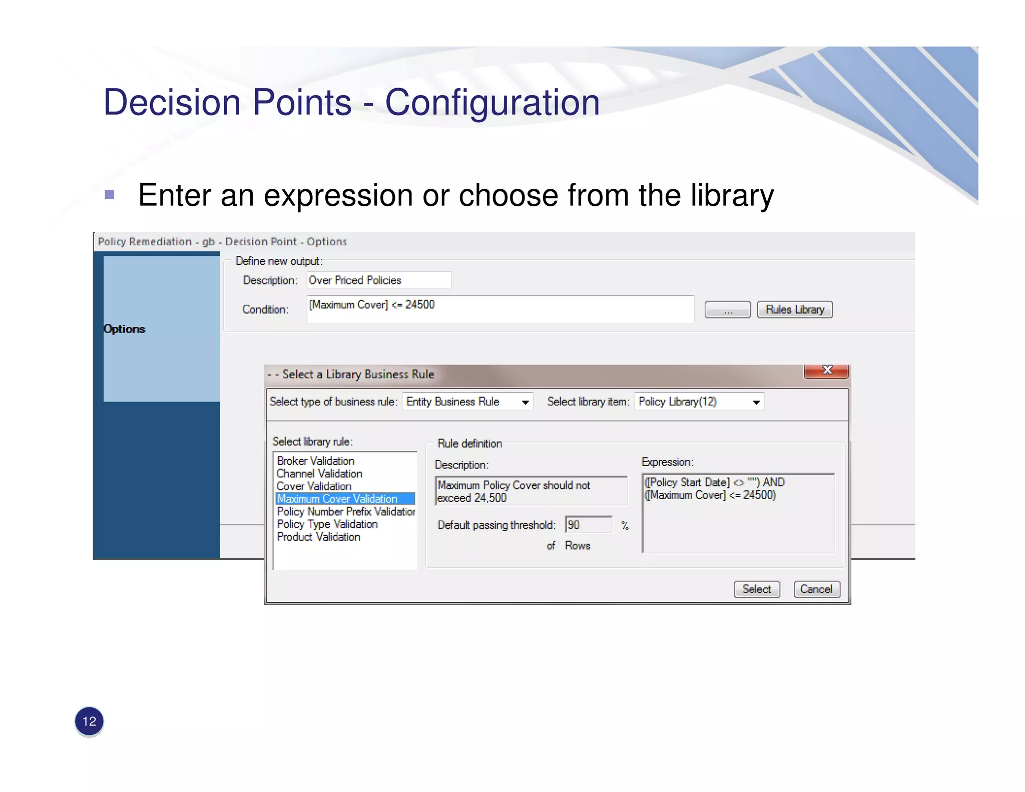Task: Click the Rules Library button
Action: point(794,309)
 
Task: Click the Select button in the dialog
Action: point(756,589)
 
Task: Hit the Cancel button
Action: point(816,589)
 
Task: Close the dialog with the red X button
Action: point(826,370)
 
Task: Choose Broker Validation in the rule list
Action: point(316,461)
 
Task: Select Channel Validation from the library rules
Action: point(319,474)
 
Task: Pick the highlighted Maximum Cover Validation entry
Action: point(337,499)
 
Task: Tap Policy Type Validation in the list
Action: point(327,524)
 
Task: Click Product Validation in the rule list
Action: point(319,537)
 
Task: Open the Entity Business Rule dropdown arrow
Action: point(525,402)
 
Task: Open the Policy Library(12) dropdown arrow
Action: point(756,402)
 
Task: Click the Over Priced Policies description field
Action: point(378,280)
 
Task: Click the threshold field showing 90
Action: point(588,525)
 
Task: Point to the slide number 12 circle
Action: point(89,721)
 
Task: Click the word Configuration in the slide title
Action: point(492,103)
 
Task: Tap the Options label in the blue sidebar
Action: point(124,329)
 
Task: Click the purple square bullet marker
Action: point(110,194)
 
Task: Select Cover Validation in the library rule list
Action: point(314,486)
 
